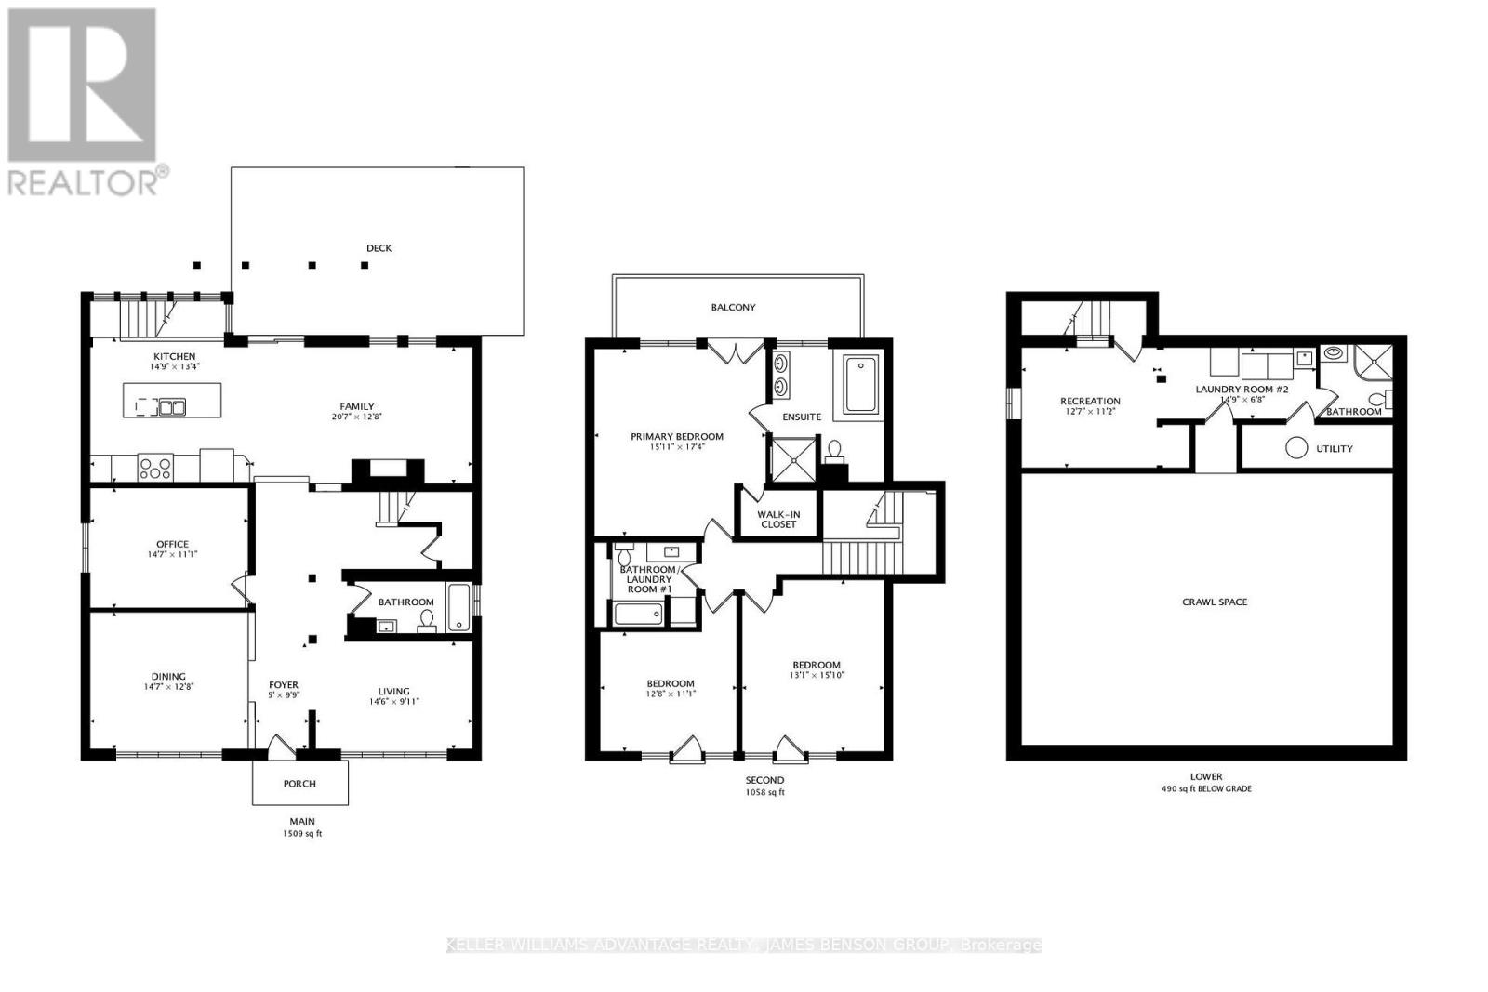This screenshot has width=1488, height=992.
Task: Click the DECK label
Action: point(379,248)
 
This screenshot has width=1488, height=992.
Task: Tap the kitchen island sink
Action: point(172,406)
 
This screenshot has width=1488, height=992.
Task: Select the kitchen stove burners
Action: point(155,467)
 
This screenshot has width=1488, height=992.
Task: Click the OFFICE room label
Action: point(172,544)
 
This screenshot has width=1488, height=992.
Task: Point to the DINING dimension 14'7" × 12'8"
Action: point(168,687)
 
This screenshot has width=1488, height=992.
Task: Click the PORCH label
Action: point(299,784)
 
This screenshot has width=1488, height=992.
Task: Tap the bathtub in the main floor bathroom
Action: point(459,607)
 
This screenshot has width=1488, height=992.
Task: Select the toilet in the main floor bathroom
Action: point(427,619)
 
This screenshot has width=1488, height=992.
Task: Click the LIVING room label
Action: point(393,691)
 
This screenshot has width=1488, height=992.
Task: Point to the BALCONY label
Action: point(734,307)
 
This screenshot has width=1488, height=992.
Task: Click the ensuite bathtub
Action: point(862,387)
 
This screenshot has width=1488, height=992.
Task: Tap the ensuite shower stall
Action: point(790,458)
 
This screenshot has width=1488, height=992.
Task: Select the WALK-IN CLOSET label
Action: point(778,520)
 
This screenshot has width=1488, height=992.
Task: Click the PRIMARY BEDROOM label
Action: point(677,436)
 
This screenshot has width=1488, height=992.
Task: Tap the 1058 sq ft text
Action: point(764,793)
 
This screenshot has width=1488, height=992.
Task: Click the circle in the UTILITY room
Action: point(1296,448)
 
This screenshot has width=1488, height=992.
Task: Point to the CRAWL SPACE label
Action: point(1215,602)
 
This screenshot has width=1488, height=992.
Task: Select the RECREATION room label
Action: point(1090,402)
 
